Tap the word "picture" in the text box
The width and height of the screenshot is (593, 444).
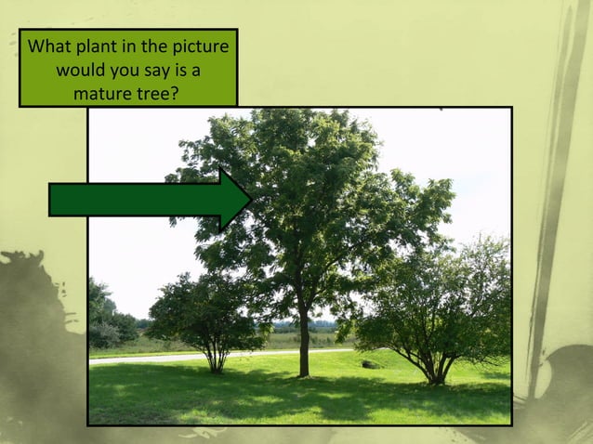click(x=197, y=46)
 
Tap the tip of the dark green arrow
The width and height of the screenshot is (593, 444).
click(x=249, y=199)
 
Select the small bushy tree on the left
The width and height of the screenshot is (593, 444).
click(x=206, y=311)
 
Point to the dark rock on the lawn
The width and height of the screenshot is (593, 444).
click(x=371, y=364)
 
